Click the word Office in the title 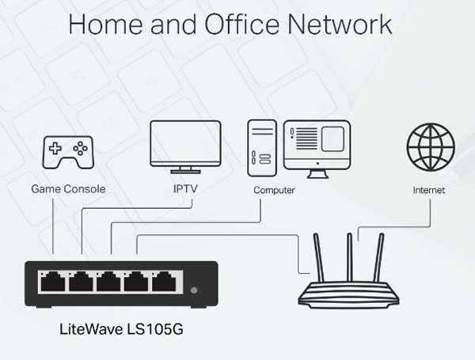coord(241,24)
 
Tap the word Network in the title coord(340,24)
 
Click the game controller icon coord(68,152)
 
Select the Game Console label coord(68,189)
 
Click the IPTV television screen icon coord(185,147)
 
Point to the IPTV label coord(185,188)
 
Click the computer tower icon coord(262,148)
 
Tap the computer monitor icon coord(317,149)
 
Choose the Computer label coord(274,190)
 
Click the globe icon coord(431,147)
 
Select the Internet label coord(429,190)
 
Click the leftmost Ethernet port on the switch coord(53,282)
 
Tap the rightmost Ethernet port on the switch coord(164,282)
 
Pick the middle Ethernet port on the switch coord(108,282)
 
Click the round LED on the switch coord(194,290)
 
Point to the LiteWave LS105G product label coord(121,329)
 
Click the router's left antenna coord(319,258)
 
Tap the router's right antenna coord(378,258)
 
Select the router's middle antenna coord(350,257)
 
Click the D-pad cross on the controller coord(55,149)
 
